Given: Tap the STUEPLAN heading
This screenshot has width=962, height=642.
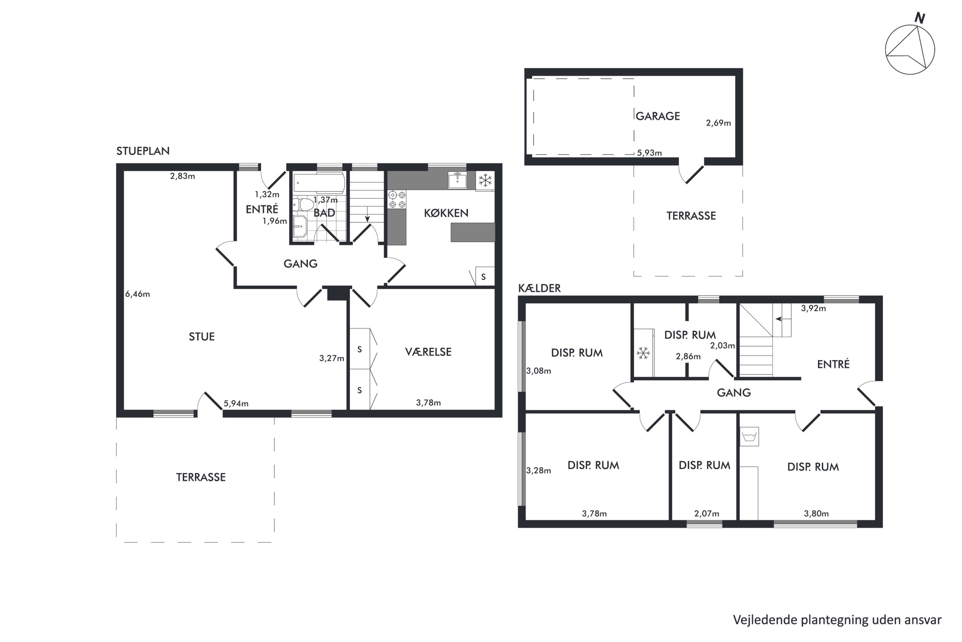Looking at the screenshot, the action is point(143,151).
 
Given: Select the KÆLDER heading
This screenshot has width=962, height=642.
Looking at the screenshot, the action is point(539,288).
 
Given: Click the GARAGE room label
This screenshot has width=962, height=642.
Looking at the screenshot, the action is point(658,116).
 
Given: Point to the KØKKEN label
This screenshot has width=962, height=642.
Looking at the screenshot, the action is point(446,213).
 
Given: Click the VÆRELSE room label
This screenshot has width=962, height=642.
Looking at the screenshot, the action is point(428,352).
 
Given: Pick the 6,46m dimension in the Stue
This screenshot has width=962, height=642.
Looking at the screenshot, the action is point(138,294).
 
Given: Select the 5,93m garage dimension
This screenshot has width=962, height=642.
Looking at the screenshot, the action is point(650,153).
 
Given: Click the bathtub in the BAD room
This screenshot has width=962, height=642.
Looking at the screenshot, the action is point(319,183).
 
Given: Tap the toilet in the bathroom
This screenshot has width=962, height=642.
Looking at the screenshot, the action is point(303,204).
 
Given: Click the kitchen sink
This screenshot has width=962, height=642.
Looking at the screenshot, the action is point(457,180).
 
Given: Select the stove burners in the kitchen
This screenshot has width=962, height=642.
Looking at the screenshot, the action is point(397,199).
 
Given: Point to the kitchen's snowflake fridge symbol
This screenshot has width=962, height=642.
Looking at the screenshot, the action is point(485,180).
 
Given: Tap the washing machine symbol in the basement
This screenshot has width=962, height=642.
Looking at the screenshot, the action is point(749,437).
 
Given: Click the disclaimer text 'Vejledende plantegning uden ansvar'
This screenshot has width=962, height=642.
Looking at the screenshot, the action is point(837,620).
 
